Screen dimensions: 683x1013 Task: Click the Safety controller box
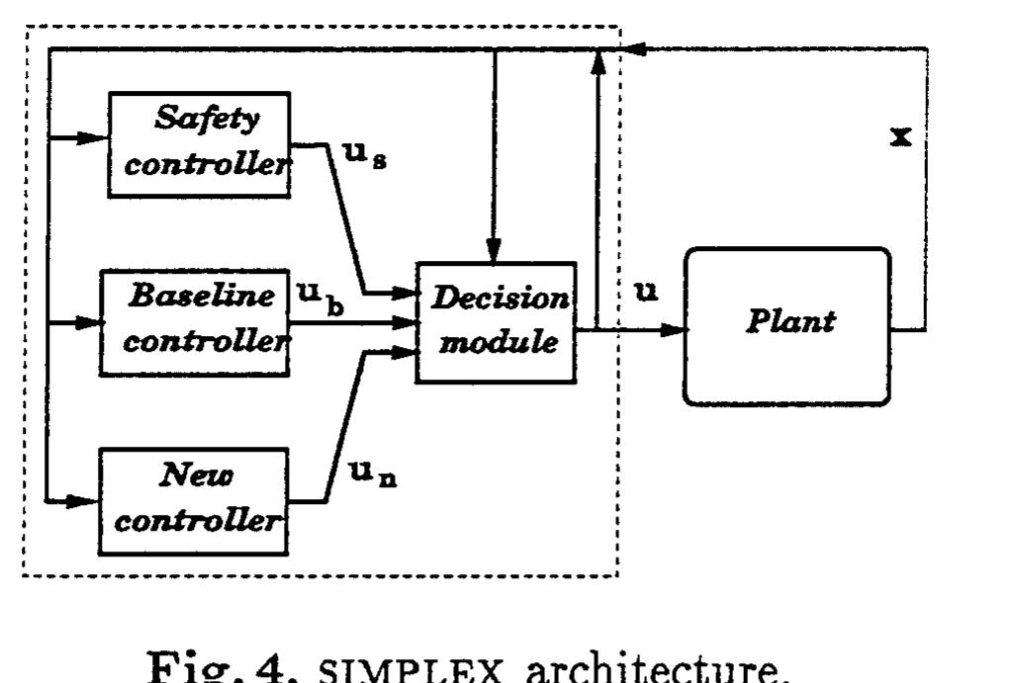[x=198, y=144]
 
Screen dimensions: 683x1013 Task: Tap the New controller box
[x=194, y=500]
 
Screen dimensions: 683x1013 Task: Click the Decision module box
[x=496, y=322]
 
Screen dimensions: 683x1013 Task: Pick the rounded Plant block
[x=787, y=325]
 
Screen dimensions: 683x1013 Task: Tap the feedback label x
[x=900, y=136]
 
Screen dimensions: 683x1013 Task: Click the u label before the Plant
[x=648, y=292]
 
